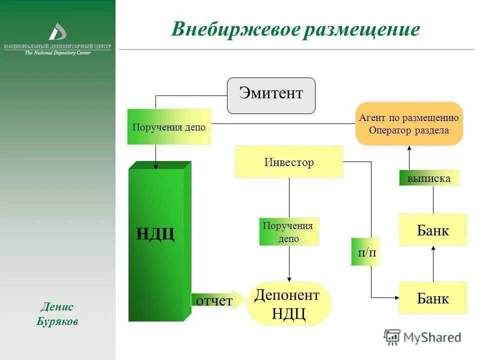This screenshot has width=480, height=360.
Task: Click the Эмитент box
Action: point(271,95)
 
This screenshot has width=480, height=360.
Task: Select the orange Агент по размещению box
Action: point(408,124)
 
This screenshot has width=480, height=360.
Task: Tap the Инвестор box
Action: point(289,162)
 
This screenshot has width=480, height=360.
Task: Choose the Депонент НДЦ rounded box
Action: point(288,303)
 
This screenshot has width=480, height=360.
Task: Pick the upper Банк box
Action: point(433,230)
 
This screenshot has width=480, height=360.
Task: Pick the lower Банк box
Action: point(433,298)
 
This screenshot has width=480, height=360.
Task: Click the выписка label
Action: point(429,178)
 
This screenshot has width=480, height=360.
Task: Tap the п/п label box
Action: point(365,251)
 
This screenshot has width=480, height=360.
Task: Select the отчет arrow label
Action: point(214,300)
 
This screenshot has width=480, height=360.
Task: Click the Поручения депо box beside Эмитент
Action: point(169,127)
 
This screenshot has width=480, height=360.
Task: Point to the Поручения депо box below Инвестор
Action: point(289,232)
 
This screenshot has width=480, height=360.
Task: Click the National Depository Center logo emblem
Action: point(57,31)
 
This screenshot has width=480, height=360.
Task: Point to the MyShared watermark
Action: point(423,337)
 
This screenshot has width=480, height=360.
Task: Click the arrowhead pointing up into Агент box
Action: point(409,148)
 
